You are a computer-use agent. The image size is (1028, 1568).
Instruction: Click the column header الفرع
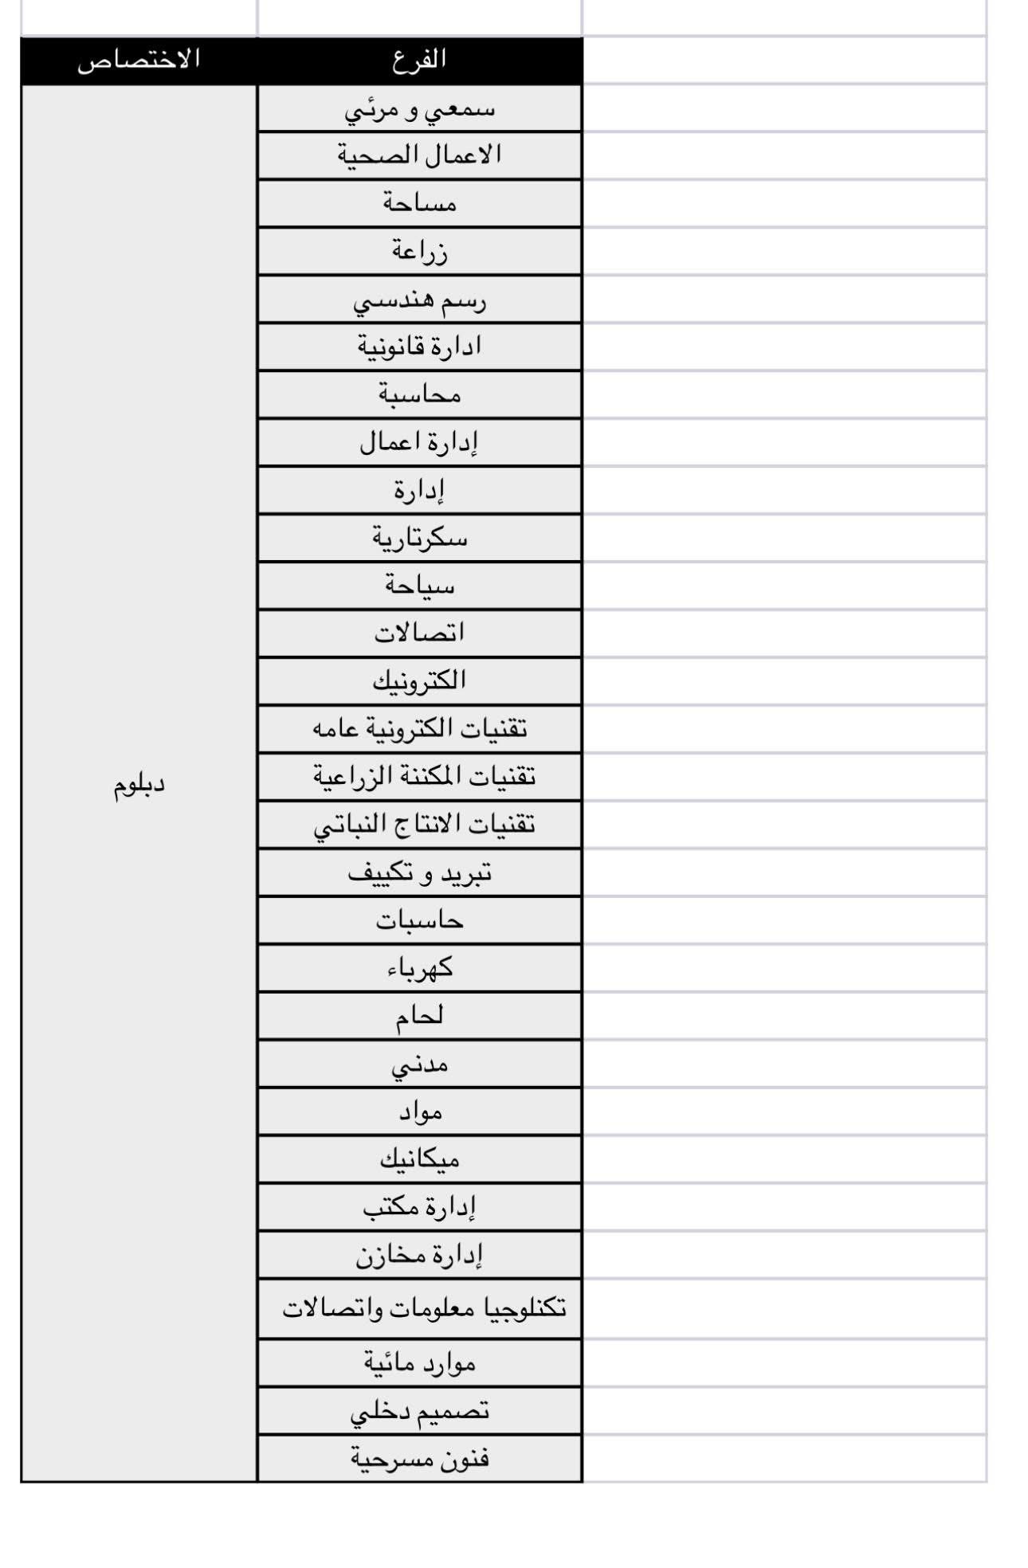click(419, 60)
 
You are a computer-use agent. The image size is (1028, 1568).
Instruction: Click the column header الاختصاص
click(139, 60)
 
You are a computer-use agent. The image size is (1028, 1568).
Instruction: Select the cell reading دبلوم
click(139, 784)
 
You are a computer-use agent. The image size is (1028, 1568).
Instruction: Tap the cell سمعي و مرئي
click(419, 108)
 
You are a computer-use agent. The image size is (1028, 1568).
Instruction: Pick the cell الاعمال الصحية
click(419, 155)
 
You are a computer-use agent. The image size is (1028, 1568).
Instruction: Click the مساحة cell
click(419, 203)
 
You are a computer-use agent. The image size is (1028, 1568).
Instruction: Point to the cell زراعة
click(419, 251)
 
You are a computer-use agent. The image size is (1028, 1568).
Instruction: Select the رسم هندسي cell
click(419, 299)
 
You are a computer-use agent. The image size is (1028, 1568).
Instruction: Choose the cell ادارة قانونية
click(419, 347)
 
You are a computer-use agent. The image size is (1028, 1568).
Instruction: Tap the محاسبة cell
click(419, 394)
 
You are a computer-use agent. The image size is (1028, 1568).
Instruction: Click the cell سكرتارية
click(419, 538)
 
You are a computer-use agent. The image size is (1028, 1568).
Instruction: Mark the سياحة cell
click(419, 586)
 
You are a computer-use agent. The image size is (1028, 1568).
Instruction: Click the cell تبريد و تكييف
click(419, 872)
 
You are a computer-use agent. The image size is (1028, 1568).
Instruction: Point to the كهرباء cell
click(419, 968)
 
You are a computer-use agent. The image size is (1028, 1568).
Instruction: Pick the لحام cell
click(419, 1016)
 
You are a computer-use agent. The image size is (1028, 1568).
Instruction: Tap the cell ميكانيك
click(419, 1159)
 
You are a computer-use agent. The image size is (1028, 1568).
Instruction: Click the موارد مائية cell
click(419, 1362)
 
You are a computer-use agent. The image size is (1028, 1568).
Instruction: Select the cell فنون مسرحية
click(419, 1458)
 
